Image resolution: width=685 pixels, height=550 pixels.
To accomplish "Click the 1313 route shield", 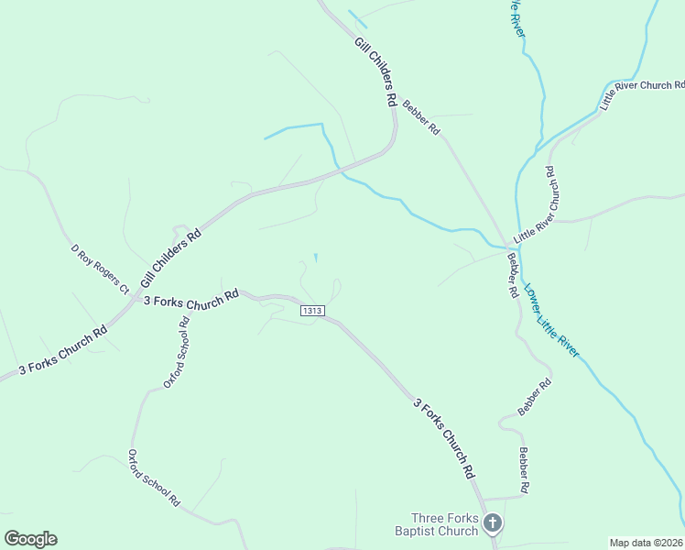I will click(312, 311).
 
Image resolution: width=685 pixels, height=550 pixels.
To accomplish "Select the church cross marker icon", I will click(493, 524).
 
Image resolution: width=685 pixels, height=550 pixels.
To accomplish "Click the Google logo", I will click(30, 539).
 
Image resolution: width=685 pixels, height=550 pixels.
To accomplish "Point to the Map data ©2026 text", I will click(647, 543).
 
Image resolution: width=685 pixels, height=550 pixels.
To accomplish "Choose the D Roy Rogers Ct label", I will click(100, 269).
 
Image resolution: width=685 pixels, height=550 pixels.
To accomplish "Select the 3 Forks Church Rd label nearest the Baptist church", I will click(444, 438).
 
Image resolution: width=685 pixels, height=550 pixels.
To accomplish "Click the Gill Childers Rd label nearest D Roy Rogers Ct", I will click(170, 259).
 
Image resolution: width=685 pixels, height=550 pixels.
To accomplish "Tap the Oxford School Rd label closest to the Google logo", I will click(154, 477).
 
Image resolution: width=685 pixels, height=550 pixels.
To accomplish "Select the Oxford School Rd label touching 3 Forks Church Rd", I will click(176, 352).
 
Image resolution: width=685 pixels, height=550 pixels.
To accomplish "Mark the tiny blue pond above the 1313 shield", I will click(316, 258).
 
